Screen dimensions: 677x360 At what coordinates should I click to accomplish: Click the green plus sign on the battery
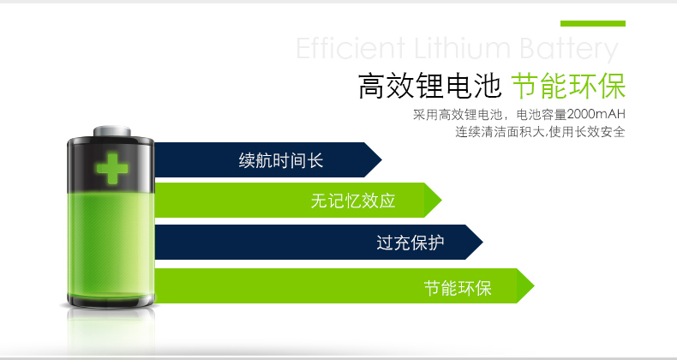coord(112,168)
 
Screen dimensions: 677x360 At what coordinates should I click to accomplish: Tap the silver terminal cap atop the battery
coord(111,131)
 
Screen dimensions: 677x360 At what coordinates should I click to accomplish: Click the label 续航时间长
coord(281,160)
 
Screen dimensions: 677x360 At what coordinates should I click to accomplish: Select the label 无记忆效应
coord(353,201)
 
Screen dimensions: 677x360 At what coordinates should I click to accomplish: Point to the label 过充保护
coord(410,243)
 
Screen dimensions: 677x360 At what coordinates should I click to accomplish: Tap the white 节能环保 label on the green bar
coord(458,288)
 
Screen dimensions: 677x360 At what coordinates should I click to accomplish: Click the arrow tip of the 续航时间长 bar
coord(381,159)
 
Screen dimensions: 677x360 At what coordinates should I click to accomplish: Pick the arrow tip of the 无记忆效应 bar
coord(441,201)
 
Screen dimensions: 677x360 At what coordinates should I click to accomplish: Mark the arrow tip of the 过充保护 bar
coord(482,243)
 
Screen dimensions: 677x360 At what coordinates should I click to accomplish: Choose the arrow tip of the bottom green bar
coord(534,285)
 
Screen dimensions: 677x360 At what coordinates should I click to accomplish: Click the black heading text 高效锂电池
coord(430,87)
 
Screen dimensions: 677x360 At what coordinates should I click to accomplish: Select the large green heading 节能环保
coord(569,87)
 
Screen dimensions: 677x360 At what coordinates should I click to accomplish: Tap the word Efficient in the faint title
coord(350,48)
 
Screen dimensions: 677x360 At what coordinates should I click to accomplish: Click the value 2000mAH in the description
coord(596,114)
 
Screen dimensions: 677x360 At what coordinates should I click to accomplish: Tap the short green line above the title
coord(593,23)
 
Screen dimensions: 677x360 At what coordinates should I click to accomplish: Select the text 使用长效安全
coord(587,132)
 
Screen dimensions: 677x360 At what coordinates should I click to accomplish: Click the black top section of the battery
coord(111,164)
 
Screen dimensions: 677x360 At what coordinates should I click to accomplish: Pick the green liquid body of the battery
coord(111,246)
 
